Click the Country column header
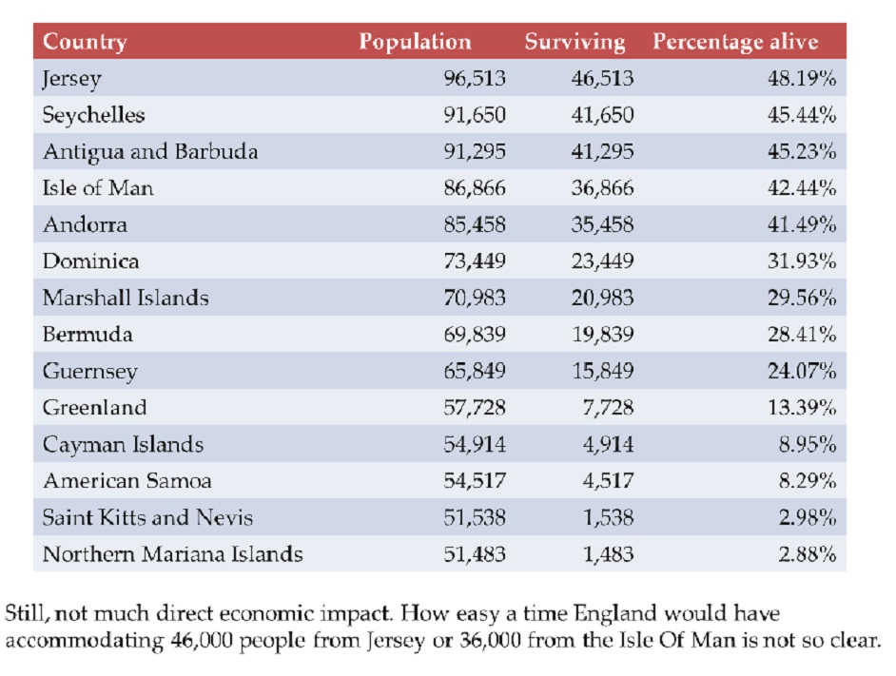coord(85,42)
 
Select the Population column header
coord(416,42)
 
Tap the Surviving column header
coord(575,42)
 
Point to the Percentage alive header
coord(735,42)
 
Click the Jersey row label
coord(72,79)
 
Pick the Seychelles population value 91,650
coord(475,115)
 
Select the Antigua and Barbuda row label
coord(150,152)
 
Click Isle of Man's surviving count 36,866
coord(603,188)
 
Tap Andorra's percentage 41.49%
coord(802,224)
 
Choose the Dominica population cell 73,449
coord(475,261)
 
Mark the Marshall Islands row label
coord(126,298)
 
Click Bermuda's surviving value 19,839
coord(603,335)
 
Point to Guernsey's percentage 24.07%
coord(802,371)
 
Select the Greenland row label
coord(95,408)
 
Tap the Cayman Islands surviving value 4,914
coord(608,444)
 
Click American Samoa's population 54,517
coord(475,480)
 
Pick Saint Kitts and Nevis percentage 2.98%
coord(808,517)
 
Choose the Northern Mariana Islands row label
coord(172,553)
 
